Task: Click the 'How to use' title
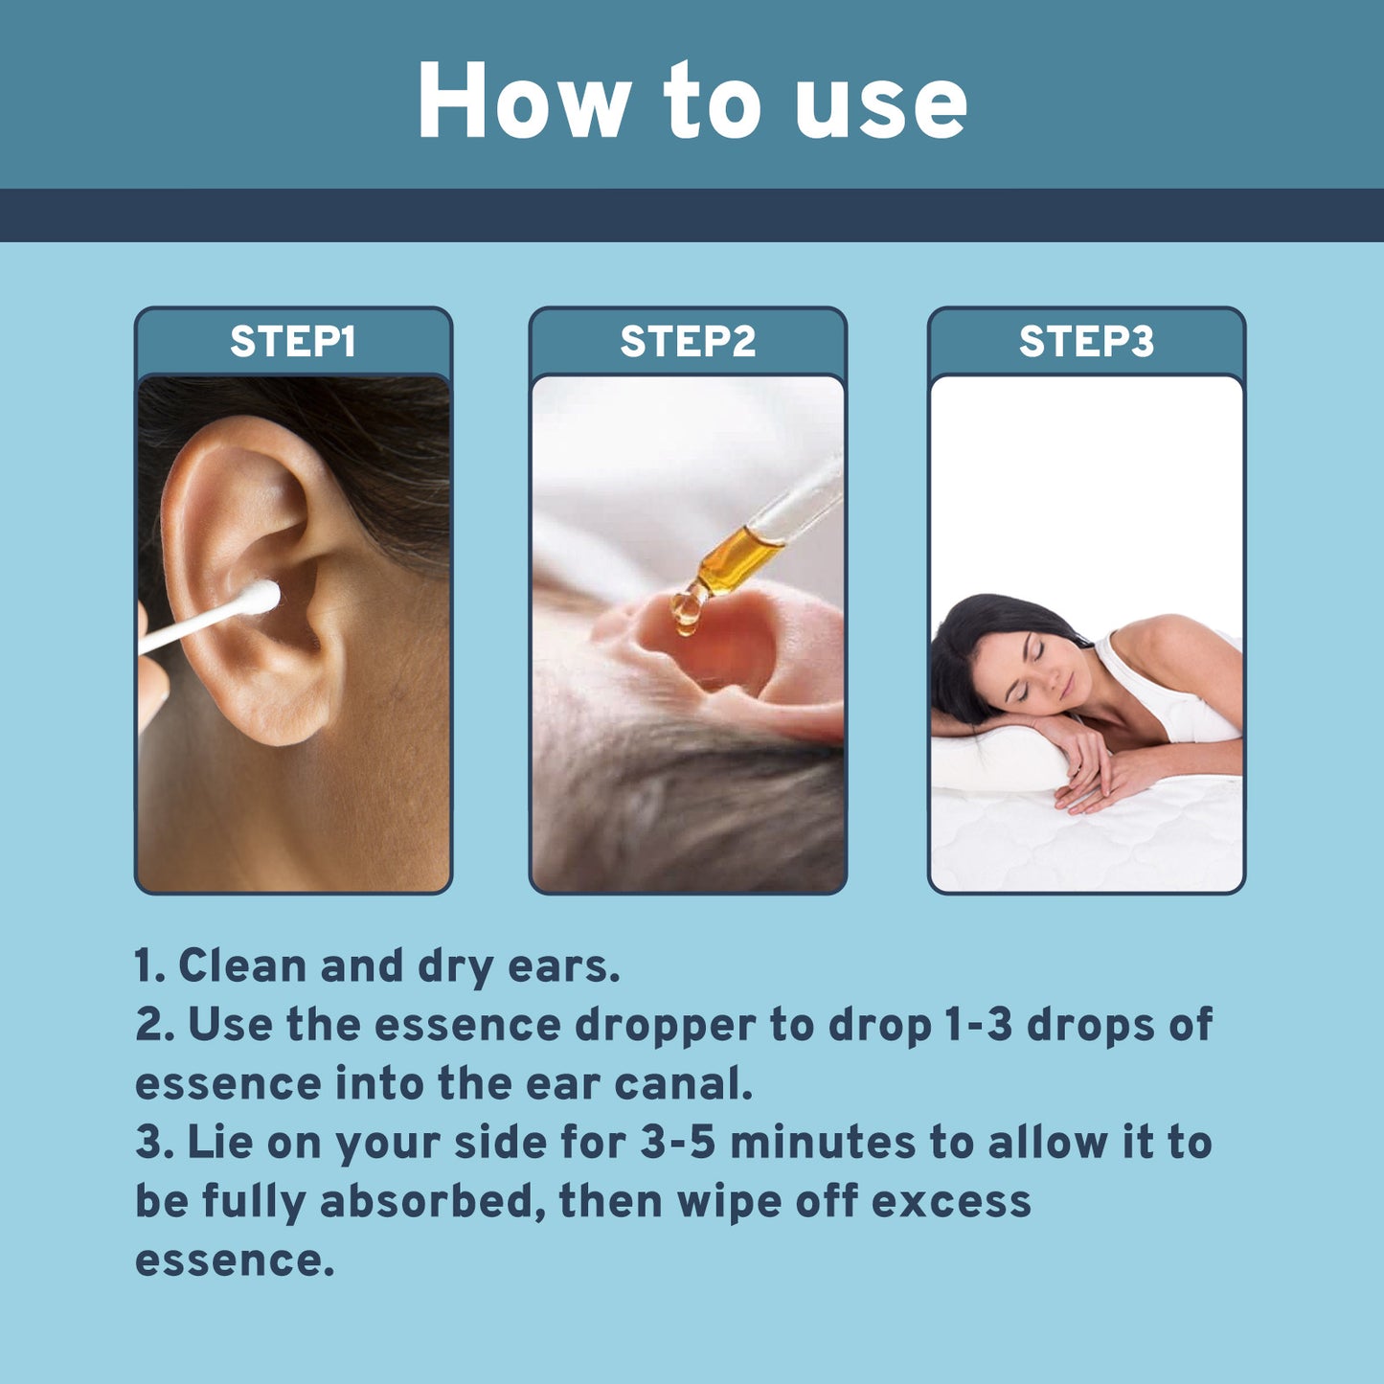tap(692, 102)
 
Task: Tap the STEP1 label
tap(292, 342)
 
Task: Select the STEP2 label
tap(688, 342)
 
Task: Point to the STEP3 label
tap(1086, 342)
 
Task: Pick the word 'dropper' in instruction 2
tap(665, 1025)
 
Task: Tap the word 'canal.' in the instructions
tap(683, 1084)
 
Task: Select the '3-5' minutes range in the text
tap(677, 1143)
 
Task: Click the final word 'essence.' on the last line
tap(235, 1260)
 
